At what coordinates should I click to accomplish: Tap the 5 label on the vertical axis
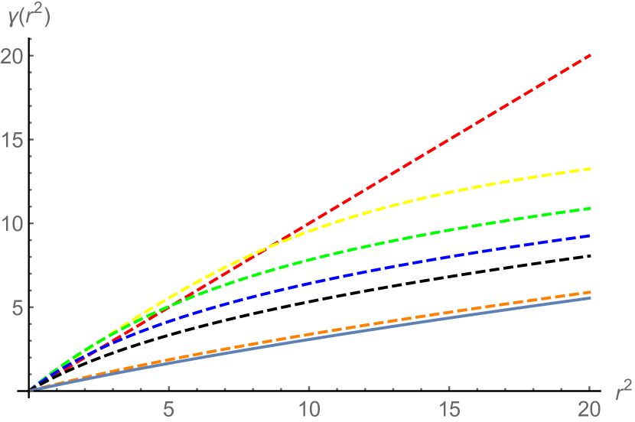click(x=15, y=307)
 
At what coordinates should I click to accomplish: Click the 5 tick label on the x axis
click(x=170, y=407)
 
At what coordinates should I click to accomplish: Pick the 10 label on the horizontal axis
click(x=310, y=407)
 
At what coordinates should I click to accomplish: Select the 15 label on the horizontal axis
click(x=450, y=407)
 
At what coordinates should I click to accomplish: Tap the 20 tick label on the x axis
click(x=590, y=407)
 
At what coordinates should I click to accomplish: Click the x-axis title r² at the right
click(x=623, y=391)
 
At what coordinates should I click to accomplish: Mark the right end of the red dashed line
click(x=591, y=55)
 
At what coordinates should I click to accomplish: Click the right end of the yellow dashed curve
click(x=591, y=168)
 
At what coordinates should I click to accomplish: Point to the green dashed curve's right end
click(x=591, y=208)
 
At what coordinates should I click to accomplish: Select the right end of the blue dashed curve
click(x=591, y=235)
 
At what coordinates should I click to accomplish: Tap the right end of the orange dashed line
click(x=591, y=292)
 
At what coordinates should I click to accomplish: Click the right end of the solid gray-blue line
click(x=591, y=298)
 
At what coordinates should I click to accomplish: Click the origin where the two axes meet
click(x=30, y=391)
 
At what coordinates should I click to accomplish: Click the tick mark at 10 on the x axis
click(x=310, y=389)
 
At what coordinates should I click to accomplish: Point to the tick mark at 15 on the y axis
click(x=32, y=140)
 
